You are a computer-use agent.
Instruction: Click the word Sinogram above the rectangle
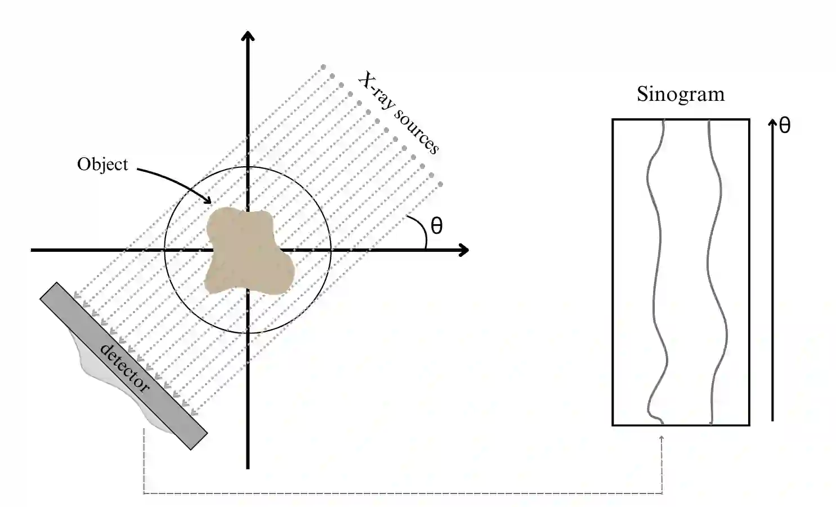pyautogui.click(x=681, y=95)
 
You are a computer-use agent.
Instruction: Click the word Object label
pyautogui.click(x=102, y=164)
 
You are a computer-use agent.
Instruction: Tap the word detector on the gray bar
pyautogui.click(x=124, y=368)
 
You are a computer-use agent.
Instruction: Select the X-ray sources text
pyautogui.click(x=399, y=113)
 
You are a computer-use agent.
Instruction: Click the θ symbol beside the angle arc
pyautogui.click(x=436, y=226)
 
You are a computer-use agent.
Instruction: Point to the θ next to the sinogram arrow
pyautogui.click(x=784, y=126)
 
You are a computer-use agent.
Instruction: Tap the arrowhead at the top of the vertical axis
pyautogui.click(x=248, y=37)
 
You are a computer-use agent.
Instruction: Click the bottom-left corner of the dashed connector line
pyautogui.click(x=144, y=493)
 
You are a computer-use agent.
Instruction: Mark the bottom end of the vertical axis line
pyautogui.click(x=248, y=467)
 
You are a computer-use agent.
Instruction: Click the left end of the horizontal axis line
pyautogui.click(x=33, y=250)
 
